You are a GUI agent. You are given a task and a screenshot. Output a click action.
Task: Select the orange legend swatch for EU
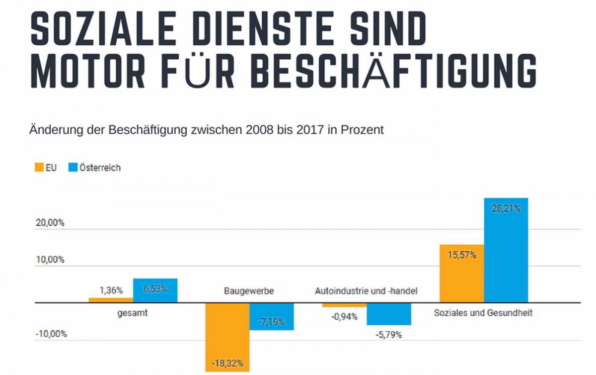pyautogui.click(x=39, y=168)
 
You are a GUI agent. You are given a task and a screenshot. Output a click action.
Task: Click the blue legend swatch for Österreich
pyautogui.click(x=73, y=168)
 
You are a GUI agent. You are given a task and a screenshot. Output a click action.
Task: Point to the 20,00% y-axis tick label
pyautogui.click(x=50, y=223)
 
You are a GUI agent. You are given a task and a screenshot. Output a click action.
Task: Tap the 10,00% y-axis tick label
pyautogui.click(x=50, y=260)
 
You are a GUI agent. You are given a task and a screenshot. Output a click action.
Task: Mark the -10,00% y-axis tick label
pyautogui.click(x=50, y=334)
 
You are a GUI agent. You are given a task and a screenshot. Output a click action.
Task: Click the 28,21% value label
pyautogui.click(x=506, y=208)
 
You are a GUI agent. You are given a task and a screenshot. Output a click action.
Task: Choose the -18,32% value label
pyautogui.click(x=227, y=363)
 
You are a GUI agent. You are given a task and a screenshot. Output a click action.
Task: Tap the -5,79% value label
pyautogui.click(x=388, y=335)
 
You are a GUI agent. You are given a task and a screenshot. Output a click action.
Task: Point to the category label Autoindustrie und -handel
pyautogui.click(x=366, y=290)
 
